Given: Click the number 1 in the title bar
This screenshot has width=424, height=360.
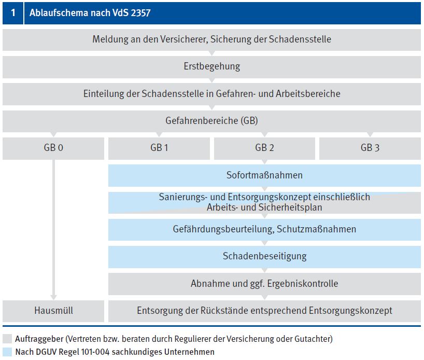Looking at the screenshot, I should click(13, 13).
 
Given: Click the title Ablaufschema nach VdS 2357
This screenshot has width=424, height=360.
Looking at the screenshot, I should click(90, 13).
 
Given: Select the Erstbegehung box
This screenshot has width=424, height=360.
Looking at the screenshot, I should click(211, 66).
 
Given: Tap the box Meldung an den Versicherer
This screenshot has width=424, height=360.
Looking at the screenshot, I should click(211, 39).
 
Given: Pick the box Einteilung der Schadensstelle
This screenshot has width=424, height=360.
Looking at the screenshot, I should click(211, 94).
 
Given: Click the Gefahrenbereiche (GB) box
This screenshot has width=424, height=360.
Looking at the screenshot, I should click(211, 121).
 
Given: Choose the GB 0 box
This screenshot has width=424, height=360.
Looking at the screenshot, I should click(53, 148).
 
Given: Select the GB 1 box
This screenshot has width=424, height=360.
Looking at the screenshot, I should click(159, 148).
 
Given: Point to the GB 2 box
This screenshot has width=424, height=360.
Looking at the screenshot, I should click(264, 148).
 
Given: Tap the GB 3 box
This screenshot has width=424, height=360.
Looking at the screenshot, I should click(370, 148).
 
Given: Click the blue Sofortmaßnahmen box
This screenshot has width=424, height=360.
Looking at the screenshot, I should click(264, 175).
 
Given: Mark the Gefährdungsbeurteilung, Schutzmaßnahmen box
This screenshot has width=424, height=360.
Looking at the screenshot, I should click(264, 229).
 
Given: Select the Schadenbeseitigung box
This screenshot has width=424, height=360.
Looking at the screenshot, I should click(264, 256).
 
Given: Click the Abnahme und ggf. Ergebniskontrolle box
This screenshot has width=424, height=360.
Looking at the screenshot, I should click(264, 284).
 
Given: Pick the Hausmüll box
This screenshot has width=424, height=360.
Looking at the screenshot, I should click(53, 311).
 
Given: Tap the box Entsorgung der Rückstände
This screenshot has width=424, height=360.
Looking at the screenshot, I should click(264, 311).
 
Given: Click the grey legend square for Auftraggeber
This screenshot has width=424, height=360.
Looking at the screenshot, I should click(7, 339).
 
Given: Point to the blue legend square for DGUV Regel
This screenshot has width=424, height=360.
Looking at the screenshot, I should click(7, 352).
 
